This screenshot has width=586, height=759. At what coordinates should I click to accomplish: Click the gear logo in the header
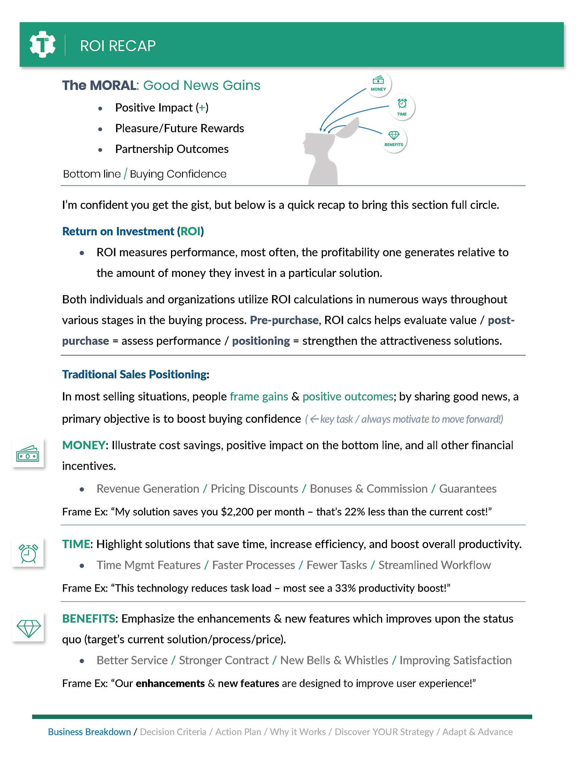coord(42,44)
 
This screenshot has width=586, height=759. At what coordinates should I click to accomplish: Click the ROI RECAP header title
coord(118,46)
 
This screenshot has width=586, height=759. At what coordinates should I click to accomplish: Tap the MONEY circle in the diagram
coord(378,84)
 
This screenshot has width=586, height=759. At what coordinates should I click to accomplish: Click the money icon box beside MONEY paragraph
coord(28,453)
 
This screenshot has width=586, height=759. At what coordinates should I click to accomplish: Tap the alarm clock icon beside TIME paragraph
coord(28,553)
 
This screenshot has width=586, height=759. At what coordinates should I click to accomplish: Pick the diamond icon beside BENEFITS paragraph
coord(28,628)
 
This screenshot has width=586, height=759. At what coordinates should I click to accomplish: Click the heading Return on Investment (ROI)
coord(133,232)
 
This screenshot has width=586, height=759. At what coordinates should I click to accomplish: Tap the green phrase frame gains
coord(259,396)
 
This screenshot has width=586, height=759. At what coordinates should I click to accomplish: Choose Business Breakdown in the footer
coord(89,732)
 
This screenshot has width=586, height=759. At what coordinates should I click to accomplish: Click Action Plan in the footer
coord(238,732)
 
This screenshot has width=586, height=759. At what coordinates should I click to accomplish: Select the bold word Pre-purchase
coord(284,320)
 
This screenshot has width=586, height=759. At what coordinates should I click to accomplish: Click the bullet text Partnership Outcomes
coord(172,149)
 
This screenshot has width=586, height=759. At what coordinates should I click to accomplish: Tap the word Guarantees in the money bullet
coord(468,489)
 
